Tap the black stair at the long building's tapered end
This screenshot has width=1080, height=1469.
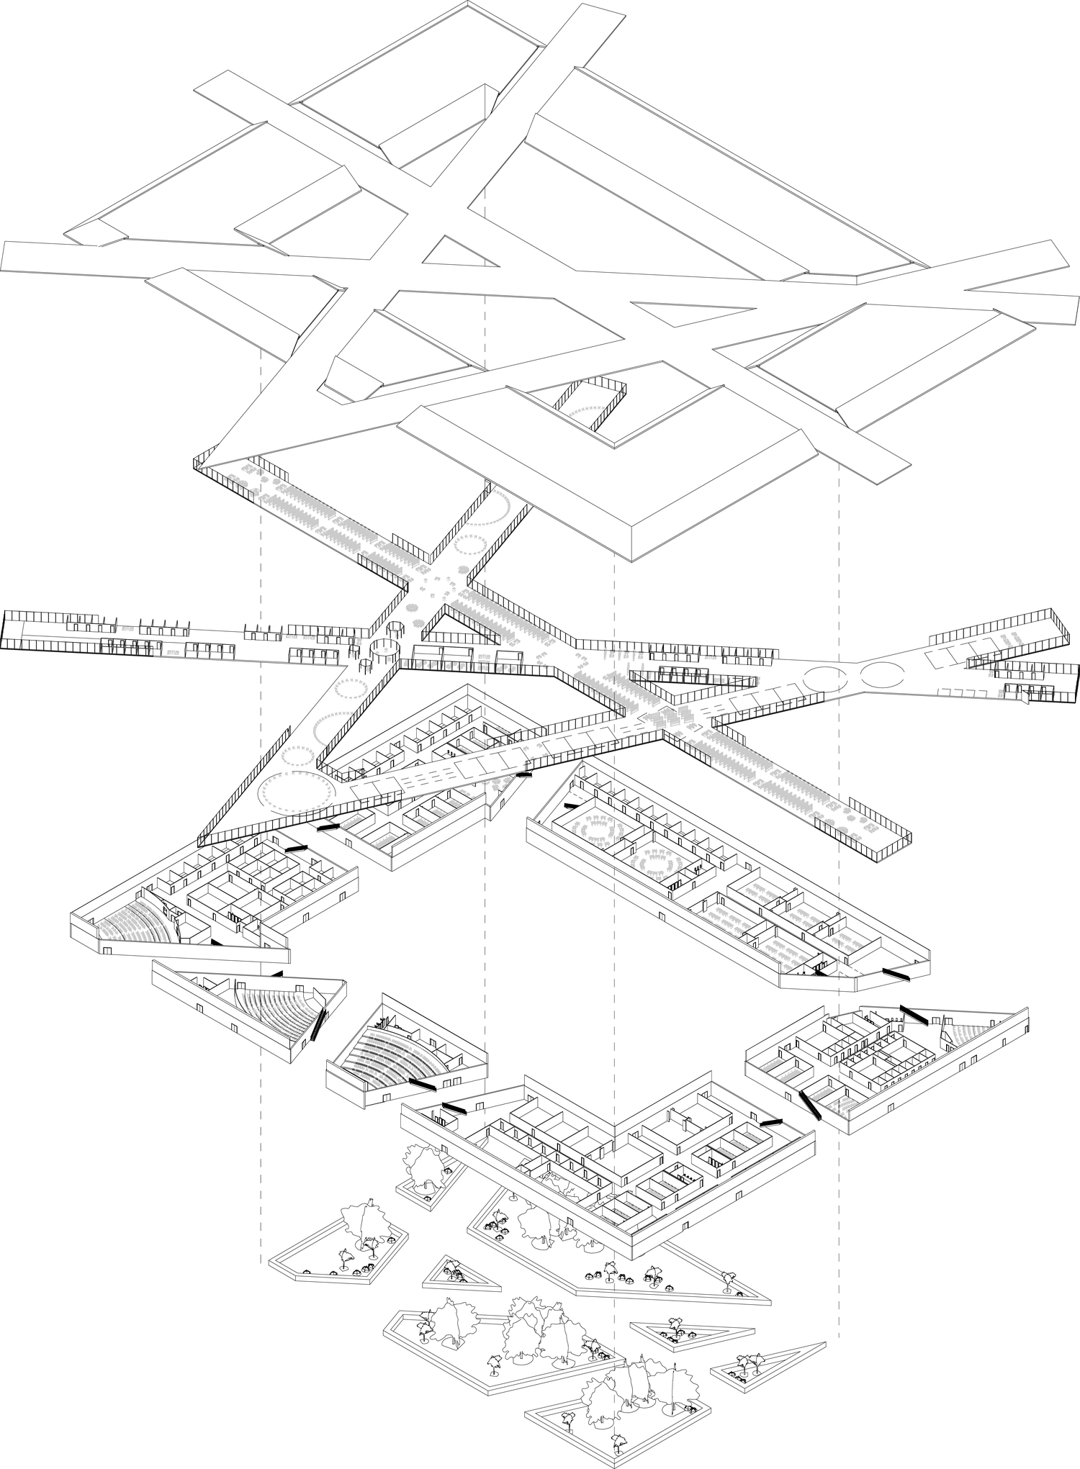[896, 973]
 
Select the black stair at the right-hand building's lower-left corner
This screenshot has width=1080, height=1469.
[811, 1105]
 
